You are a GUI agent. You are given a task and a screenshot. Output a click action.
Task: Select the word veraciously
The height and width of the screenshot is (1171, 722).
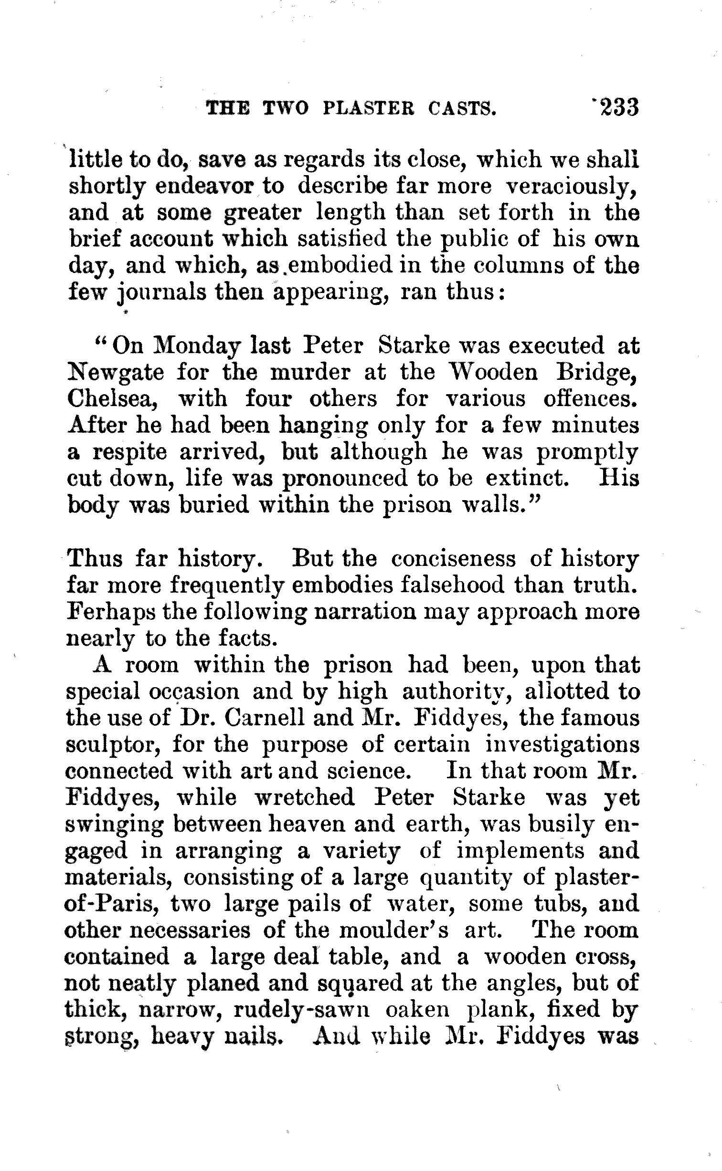coord(572,187)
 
